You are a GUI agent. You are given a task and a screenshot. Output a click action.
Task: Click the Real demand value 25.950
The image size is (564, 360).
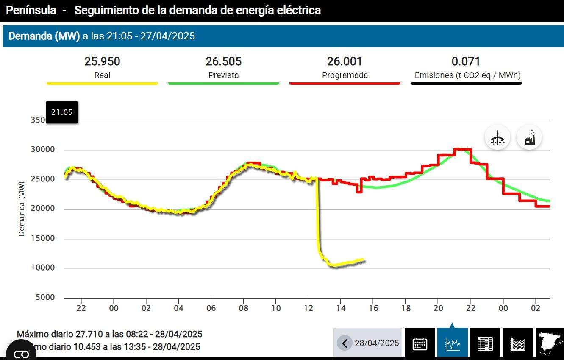point(102,61)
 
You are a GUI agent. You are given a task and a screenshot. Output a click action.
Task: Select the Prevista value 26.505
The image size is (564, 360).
point(223,61)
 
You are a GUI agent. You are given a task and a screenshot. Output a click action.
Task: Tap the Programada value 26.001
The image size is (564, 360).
point(345,61)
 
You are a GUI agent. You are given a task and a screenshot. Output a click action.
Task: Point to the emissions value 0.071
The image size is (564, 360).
point(466,61)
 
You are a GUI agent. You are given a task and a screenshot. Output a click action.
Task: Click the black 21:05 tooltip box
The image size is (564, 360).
point(62,112)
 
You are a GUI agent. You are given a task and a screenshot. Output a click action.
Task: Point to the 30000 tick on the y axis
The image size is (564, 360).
point(43,150)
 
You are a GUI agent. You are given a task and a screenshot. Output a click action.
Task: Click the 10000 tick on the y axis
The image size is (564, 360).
point(43,268)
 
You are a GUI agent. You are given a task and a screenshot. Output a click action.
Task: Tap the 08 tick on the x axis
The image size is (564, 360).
point(243,308)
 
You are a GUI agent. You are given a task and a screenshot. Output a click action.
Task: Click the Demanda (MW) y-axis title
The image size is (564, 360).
point(22,209)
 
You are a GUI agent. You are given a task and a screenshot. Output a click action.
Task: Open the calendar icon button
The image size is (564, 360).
point(420,343)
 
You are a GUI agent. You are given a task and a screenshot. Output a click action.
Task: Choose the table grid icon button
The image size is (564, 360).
point(485,343)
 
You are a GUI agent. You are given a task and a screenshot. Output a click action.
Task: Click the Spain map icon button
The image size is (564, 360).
point(550,343)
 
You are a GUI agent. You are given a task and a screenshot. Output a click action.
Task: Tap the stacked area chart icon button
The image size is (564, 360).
point(517,343)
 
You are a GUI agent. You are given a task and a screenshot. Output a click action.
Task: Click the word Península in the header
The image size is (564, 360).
point(31,11)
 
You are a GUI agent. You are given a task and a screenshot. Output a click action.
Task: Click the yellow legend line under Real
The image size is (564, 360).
point(102,83)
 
